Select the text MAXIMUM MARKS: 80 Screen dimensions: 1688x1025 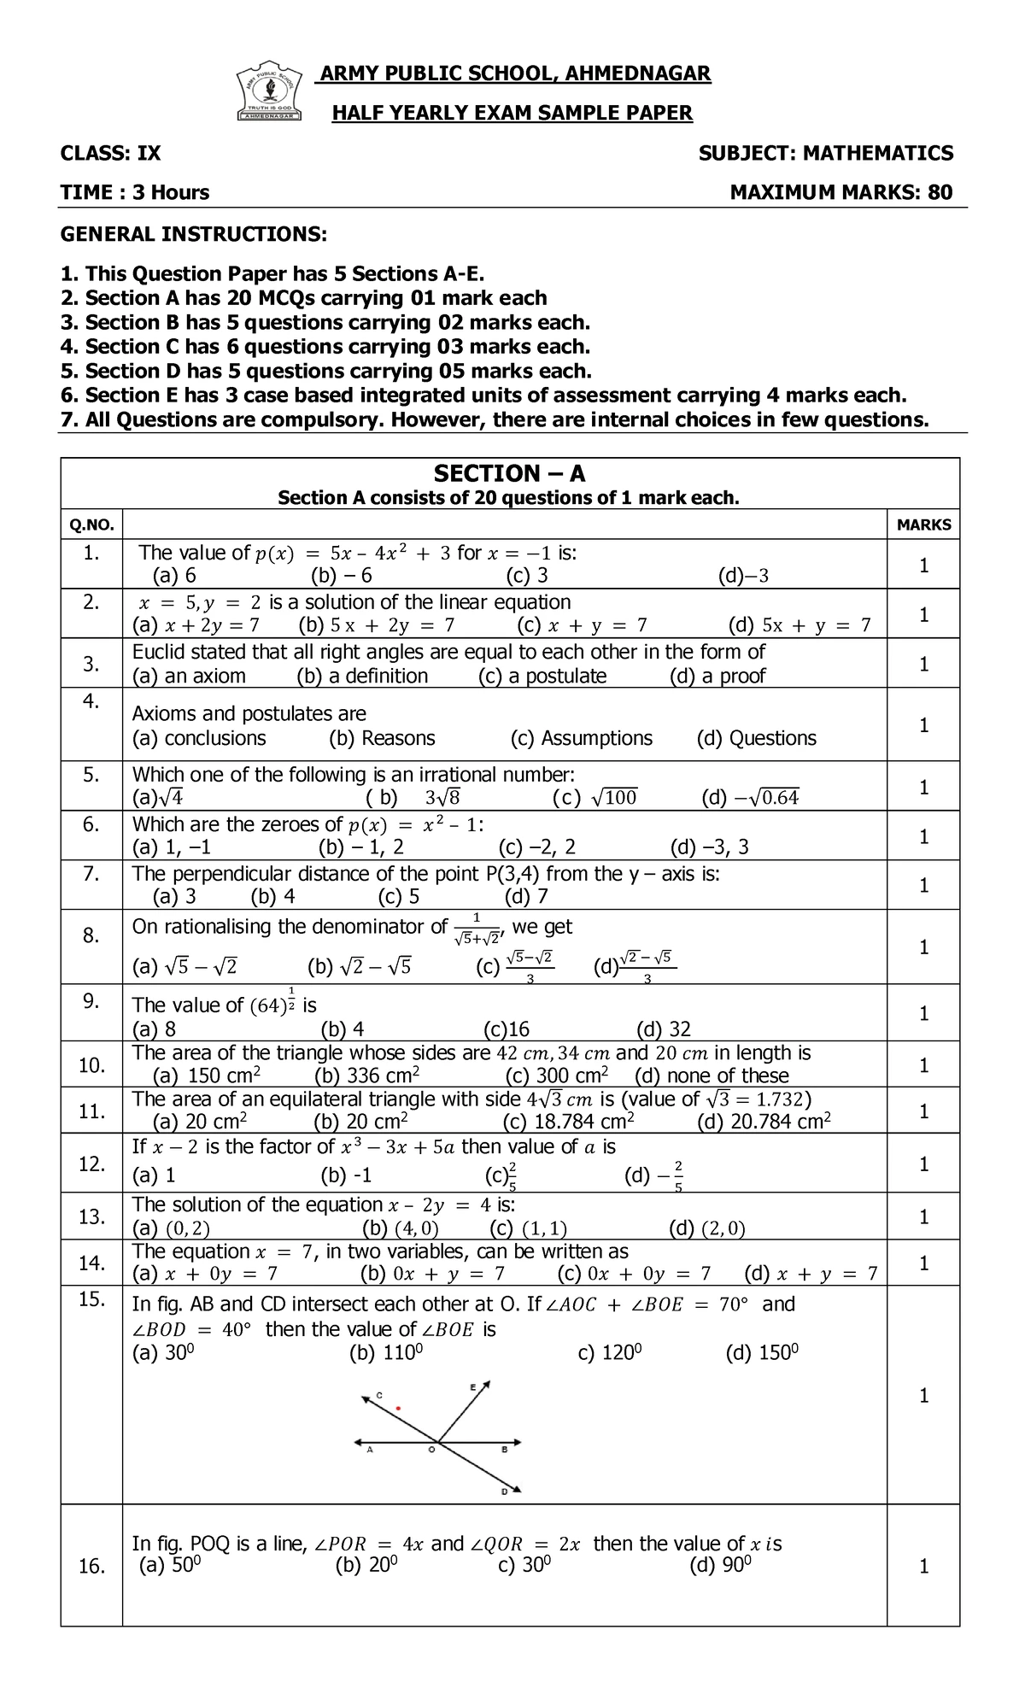[840, 192]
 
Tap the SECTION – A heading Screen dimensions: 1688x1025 [509, 474]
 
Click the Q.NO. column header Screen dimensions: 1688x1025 [91, 525]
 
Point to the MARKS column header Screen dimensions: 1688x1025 [923, 525]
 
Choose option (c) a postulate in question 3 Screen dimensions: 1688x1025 [542, 677]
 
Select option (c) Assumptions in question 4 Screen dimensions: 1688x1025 [581, 738]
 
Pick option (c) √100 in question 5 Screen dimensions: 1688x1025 [594, 799]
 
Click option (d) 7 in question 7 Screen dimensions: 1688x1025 [526, 896]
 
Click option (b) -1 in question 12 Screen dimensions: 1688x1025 [346, 1176]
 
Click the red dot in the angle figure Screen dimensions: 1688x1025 [398, 1407]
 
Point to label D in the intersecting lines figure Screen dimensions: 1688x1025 [504, 1492]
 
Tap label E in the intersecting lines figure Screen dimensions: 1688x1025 [472, 1388]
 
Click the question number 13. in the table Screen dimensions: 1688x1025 [91, 1216]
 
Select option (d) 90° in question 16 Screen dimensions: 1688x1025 [720, 1566]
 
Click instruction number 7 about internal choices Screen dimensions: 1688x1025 [493, 419]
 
